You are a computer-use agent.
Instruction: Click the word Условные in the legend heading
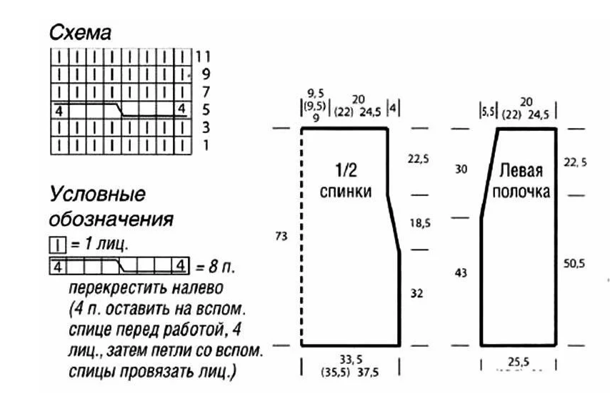[x=97, y=194]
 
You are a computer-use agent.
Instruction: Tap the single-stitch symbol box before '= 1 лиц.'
[x=55, y=245]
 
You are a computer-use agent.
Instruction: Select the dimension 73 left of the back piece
[x=279, y=237]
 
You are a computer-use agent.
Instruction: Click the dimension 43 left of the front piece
[x=461, y=272]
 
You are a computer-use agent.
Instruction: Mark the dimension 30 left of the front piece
[x=461, y=169]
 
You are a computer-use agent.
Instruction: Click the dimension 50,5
[x=574, y=264]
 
